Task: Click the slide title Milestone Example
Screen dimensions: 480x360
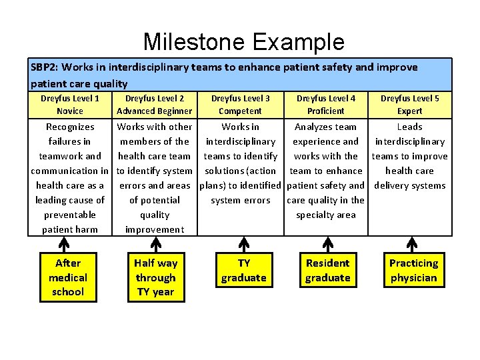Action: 243,42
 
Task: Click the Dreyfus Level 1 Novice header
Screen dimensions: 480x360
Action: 70,105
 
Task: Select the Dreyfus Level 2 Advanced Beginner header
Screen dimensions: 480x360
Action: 154,105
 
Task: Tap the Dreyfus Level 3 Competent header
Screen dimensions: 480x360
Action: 240,105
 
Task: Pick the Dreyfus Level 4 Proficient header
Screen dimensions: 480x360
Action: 325,105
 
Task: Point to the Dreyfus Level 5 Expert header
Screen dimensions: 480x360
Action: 409,105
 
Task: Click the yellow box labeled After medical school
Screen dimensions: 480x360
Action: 68,277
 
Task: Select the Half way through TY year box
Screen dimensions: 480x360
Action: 155,277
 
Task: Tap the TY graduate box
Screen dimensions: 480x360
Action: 243,271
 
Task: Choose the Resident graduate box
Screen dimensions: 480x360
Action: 327,271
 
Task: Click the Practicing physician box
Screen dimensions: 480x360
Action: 413,271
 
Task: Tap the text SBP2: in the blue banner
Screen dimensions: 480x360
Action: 45,67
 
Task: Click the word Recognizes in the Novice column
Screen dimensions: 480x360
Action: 70,127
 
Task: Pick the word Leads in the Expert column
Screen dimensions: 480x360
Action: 409,127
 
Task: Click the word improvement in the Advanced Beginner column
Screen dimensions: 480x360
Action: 154,229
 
